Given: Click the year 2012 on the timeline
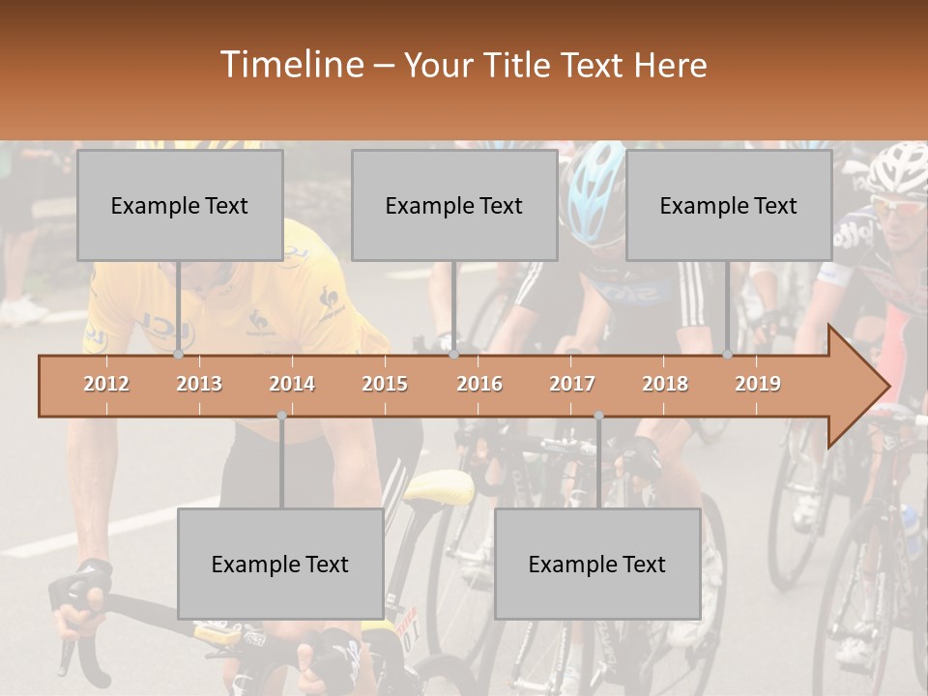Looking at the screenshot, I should click(x=106, y=384).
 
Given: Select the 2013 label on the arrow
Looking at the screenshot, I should click(x=199, y=384).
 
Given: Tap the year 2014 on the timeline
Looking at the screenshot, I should click(x=292, y=384).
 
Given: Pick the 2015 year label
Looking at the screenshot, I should click(x=385, y=384).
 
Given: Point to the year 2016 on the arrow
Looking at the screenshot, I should click(x=479, y=384).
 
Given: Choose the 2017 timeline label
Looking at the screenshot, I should click(x=572, y=384).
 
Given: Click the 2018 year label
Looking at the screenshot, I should click(x=665, y=384).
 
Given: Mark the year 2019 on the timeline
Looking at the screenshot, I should click(x=758, y=384).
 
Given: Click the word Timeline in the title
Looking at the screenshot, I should click(x=290, y=65).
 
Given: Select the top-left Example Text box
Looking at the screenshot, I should click(x=180, y=205).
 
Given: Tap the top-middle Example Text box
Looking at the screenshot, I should click(x=454, y=205).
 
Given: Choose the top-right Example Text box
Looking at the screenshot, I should click(x=729, y=205).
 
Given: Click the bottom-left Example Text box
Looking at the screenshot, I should click(x=280, y=564).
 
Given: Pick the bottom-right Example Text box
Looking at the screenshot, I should click(x=597, y=564).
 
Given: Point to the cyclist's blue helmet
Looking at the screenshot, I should click(x=592, y=189).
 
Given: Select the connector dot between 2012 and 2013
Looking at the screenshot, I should click(x=178, y=355).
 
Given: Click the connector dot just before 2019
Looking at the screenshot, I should click(x=727, y=355).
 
